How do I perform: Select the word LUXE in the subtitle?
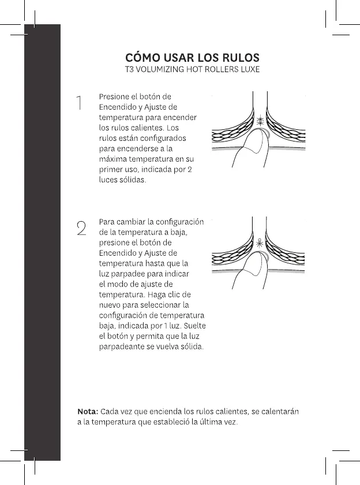click(248, 70)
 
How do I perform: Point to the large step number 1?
click(80, 105)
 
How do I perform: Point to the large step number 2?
click(81, 227)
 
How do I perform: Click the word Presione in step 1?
click(115, 96)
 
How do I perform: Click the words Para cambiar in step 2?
click(122, 222)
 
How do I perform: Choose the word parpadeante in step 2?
click(122, 346)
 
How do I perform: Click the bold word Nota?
click(88, 412)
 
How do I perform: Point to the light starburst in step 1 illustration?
click(260, 122)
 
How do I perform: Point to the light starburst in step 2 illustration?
click(260, 244)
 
